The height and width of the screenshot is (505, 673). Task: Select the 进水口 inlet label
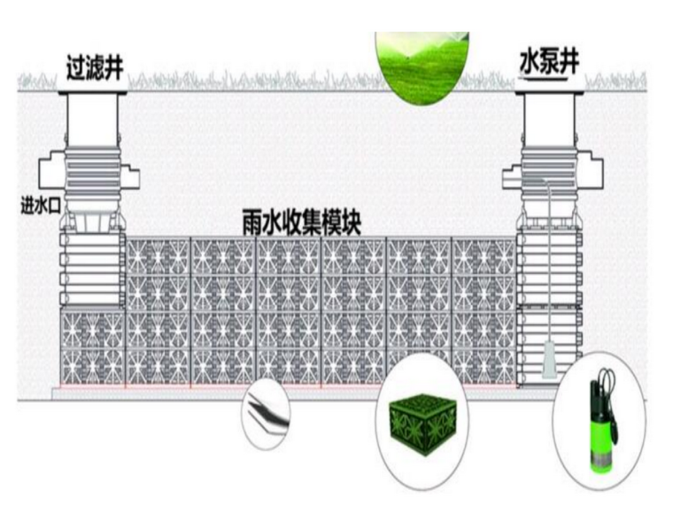click(x=39, y=206)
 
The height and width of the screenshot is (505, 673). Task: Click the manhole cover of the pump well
click(x=550, y=90)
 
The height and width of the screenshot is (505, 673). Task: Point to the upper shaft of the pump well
click(x=550, y=120)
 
